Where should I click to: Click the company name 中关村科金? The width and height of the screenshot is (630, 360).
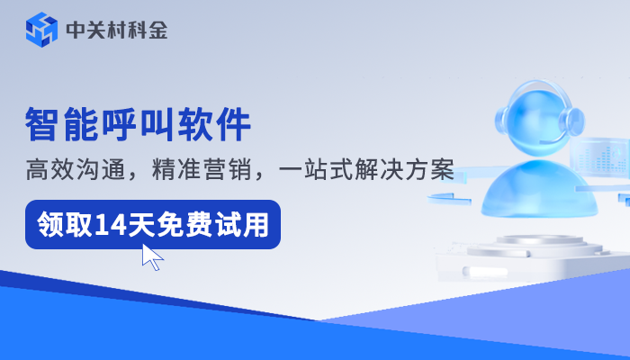[116, 31]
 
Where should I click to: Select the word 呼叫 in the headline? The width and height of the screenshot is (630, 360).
[139, 125]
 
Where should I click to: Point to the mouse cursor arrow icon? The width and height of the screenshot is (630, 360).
[152, 256]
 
